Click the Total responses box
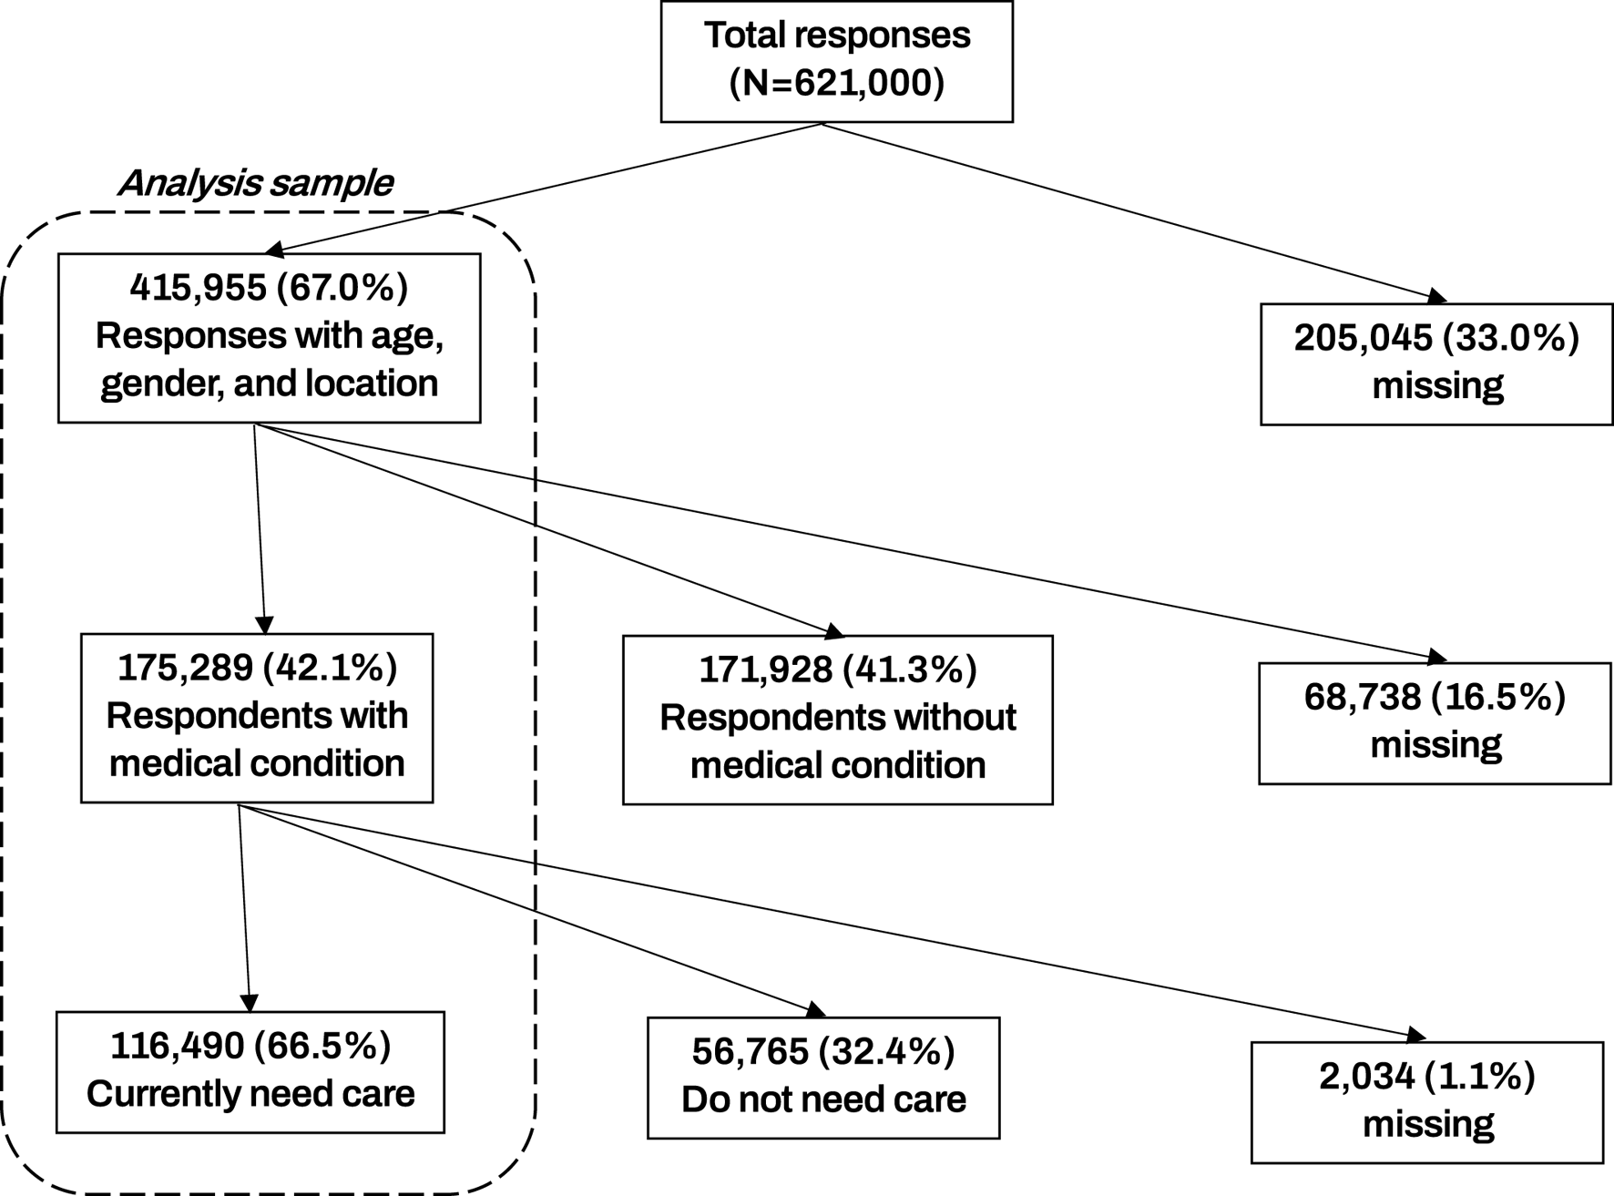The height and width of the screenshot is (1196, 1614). (836, 61)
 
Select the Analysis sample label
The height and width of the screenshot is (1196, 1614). (255, 183)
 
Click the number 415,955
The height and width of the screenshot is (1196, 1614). (198, 288)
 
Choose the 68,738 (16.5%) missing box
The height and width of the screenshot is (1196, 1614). (1435, 722)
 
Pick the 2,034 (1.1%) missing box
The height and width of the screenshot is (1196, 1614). (1427, 1102)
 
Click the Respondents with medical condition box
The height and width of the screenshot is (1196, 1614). (257, 718)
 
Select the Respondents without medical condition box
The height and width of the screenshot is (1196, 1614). (837, 720)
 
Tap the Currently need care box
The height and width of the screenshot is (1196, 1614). (250, 1072)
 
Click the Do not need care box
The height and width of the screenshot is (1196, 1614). (823, 1078)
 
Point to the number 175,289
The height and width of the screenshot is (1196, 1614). (185, 669)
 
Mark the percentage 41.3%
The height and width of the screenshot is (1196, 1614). (909, 670)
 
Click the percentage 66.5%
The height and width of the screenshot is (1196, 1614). (322, 1047)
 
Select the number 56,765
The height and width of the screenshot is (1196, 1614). (751, 1052)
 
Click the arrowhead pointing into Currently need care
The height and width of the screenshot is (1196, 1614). (249, 1002)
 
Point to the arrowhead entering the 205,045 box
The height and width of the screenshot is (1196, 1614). (1436, 296)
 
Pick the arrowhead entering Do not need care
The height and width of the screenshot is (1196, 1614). (815, 1010)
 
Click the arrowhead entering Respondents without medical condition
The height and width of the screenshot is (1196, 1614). (834, 630)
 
